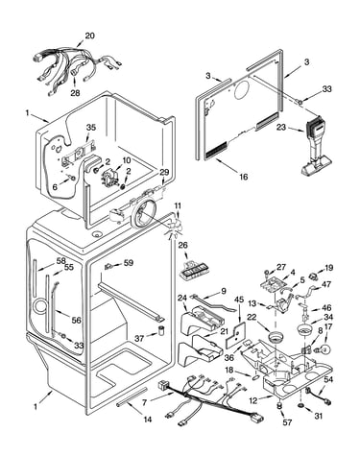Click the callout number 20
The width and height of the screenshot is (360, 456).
[x=90, y=36]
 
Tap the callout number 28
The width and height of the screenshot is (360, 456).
[x=75, y=93]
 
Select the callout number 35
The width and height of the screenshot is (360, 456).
[x=91, y=128]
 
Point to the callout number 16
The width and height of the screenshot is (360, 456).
[x=244, y=177]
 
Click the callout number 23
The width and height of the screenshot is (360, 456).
[x=281, y=128]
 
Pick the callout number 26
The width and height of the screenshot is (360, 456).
[x=183, y=246]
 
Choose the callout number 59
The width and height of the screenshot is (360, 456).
[x=129, y=263]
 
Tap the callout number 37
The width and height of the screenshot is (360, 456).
[x=139, y=338]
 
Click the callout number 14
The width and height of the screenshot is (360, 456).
[x=147, y=420]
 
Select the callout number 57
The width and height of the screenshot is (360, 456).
[x=287, y=422]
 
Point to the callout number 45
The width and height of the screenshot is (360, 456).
[x=239, y=300]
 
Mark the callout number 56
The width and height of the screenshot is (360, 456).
[x=77, y=320]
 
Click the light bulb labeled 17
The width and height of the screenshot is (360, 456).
[x=324, y=349]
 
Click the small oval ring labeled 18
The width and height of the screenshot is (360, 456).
[x=255, y=378]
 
